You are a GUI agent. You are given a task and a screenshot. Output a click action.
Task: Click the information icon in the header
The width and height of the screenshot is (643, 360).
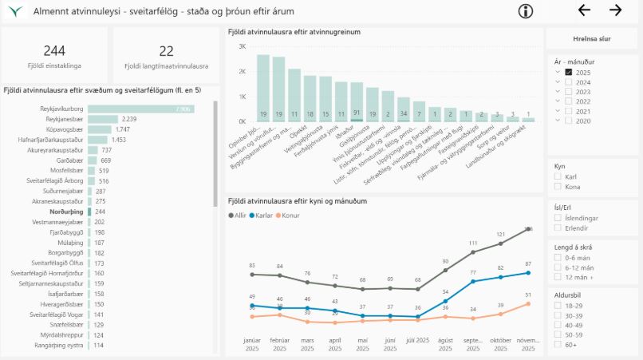525,10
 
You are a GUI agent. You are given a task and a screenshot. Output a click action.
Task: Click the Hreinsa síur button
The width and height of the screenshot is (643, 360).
592,38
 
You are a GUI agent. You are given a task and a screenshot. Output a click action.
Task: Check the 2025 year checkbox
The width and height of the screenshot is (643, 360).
569,72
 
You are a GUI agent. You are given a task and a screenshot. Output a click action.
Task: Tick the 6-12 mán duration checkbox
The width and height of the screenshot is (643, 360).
558,268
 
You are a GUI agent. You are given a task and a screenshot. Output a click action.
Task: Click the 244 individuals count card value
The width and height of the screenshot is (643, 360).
54,50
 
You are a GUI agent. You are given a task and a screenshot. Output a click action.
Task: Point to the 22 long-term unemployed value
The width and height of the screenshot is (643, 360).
166,50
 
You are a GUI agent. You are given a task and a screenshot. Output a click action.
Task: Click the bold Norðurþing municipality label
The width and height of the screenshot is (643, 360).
65,212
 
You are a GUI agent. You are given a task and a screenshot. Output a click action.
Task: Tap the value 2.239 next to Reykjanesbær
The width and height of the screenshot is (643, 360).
129,119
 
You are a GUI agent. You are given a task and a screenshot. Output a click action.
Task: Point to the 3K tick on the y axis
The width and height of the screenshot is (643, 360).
240,47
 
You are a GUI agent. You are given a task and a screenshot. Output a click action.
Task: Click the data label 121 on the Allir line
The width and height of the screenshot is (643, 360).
501,234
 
